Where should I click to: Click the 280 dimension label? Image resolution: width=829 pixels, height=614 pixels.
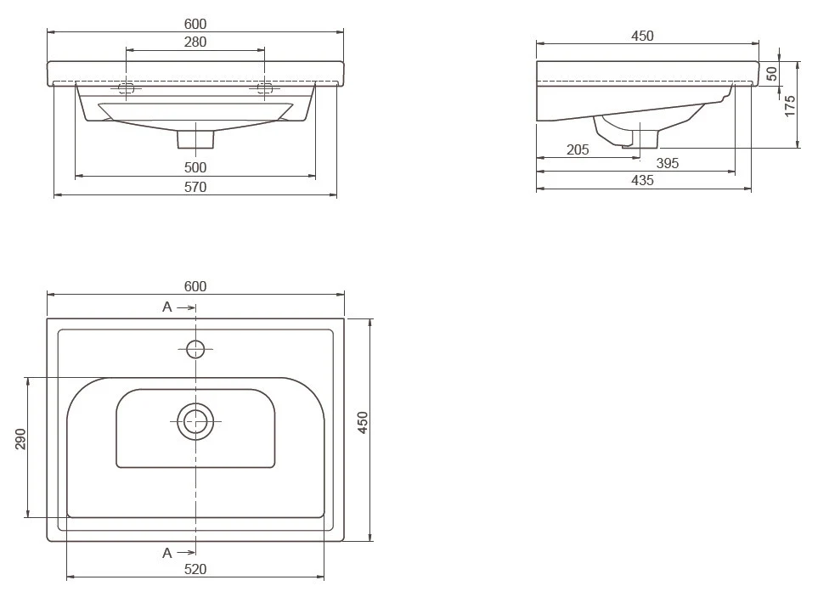point(195,42)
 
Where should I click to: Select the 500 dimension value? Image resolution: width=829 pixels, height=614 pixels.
point(195,167)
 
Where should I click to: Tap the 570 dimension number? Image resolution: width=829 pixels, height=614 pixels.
point(195,187)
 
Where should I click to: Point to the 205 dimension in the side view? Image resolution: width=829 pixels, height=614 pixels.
point(578,150)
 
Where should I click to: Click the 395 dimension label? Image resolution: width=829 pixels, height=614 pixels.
point(668,163)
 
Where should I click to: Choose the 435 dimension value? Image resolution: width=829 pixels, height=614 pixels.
point(642,181)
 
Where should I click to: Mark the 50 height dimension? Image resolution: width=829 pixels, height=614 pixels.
point(772,74)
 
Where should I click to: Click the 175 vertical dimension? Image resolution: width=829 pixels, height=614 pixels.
point(789,106)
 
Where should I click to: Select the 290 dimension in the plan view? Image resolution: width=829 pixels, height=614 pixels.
point(20,439)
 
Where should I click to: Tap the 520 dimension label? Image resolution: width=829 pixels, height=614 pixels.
point(195,569)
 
